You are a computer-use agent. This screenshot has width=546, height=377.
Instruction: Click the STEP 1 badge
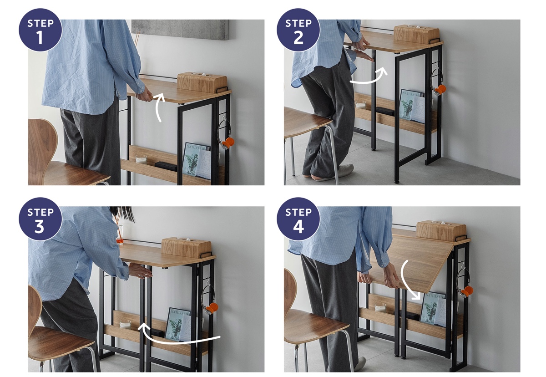tap(40, 30)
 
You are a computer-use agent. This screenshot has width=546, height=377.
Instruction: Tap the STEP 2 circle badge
tap(298, 30)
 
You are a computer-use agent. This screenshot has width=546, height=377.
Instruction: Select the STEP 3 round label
tap(40, 219)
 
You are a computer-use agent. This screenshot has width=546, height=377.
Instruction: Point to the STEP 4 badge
tap(298, 219)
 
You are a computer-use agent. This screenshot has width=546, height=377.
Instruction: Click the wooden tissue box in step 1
tap(202, 82)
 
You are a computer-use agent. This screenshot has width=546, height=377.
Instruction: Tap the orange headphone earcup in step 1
tap(229, 142)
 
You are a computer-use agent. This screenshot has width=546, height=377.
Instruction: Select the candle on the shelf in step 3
tap(125, 324)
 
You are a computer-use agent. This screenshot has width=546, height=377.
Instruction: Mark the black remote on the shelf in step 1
tap(166, 165)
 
